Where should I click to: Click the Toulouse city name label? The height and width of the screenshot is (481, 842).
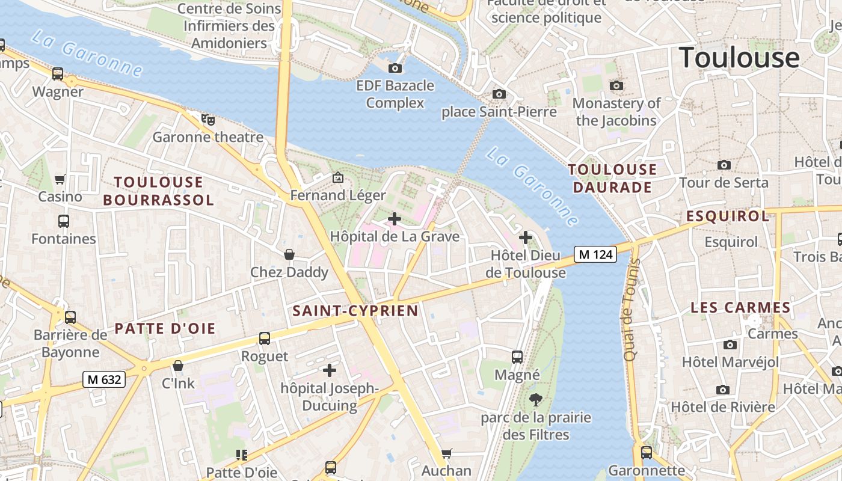739,58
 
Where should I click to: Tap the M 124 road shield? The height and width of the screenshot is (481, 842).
595,254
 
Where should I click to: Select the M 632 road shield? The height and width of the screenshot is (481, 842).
104,379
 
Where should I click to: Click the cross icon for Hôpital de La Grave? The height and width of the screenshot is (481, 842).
395,219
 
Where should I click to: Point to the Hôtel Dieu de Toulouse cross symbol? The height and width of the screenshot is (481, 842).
526,237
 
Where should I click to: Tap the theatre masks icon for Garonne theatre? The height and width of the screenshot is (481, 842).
208,120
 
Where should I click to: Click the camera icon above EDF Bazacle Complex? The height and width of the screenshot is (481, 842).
395,68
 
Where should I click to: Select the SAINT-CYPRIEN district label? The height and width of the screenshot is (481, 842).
355,311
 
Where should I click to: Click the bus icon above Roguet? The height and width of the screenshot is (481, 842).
265,339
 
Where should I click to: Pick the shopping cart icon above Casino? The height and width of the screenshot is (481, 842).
60,179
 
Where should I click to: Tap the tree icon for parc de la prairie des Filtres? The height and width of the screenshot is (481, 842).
535,399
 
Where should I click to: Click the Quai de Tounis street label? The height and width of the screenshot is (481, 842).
630,314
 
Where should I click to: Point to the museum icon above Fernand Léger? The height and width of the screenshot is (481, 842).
338,177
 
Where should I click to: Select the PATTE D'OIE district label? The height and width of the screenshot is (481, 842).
165,328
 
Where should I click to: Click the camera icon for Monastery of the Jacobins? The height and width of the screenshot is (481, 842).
616,86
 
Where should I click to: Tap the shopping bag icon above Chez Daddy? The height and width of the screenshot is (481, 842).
289,254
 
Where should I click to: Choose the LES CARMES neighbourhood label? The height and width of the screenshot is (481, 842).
740,307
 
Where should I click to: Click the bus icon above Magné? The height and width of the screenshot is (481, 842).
517,357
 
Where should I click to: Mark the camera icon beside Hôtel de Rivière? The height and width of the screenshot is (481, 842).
723,390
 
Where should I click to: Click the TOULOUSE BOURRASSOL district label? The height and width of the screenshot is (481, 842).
159,191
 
